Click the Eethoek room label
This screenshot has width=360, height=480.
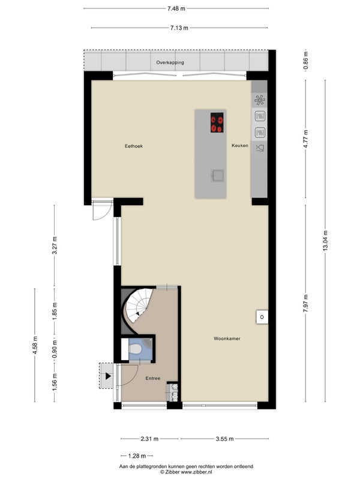134,146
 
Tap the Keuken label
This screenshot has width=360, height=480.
239,145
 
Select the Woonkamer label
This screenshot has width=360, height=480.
227,338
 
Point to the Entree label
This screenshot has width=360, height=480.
153,379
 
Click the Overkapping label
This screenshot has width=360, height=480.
170,62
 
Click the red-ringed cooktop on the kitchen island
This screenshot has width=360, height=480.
217,122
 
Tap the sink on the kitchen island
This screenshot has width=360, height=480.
217,175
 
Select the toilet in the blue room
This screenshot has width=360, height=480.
134,348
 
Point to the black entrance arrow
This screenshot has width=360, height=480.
108,376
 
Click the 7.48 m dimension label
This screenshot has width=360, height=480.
176,8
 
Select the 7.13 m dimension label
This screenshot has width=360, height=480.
179,28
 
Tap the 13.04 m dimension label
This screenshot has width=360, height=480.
325,241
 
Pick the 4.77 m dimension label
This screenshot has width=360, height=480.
305,139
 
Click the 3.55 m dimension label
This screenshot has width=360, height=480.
224,439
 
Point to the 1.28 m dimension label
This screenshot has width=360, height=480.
137,456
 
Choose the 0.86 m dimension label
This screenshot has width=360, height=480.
305,61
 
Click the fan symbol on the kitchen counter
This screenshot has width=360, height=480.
260,100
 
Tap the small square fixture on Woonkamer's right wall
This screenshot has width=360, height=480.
262,317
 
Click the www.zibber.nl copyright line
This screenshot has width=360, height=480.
186,472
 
